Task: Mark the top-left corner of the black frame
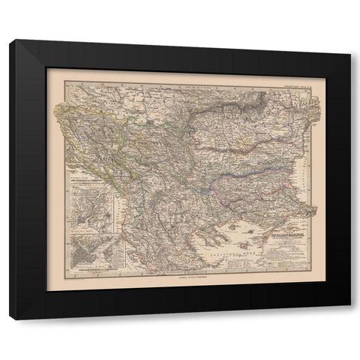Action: click(11, 42)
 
